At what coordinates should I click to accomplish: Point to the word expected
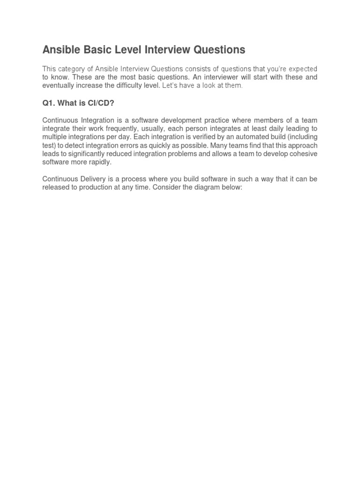[301, 69]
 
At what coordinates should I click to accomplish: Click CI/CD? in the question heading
[100, 103]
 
